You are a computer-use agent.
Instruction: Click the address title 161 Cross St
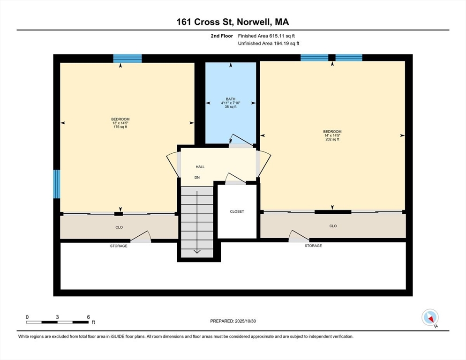(x=233, y=22)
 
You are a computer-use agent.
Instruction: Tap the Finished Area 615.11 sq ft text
(x=266, y=36)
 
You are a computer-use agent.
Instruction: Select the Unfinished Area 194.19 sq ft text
(x=269, y=44)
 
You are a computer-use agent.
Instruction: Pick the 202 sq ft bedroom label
(x=332, y=135)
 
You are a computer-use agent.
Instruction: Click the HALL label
(x=200, y=167)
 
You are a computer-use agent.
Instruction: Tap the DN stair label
(x=198, y=178)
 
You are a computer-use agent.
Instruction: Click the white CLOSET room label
(x=237, y=211)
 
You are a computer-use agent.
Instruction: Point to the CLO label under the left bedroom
(x=119, y=227)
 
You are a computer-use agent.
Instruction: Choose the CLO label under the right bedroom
(x=333, y=226)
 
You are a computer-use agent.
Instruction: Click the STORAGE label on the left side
(x=119, y=246)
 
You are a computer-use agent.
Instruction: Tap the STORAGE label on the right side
(x=313, y=246)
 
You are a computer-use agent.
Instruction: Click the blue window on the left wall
(x=57, y=184)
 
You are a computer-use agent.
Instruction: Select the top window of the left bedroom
(x=127, y=58)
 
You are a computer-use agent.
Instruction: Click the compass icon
(x=430, y=318)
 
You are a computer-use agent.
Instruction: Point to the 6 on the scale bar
(x=88, y=317)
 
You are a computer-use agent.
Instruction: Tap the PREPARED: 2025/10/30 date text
(x=233, y=321)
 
